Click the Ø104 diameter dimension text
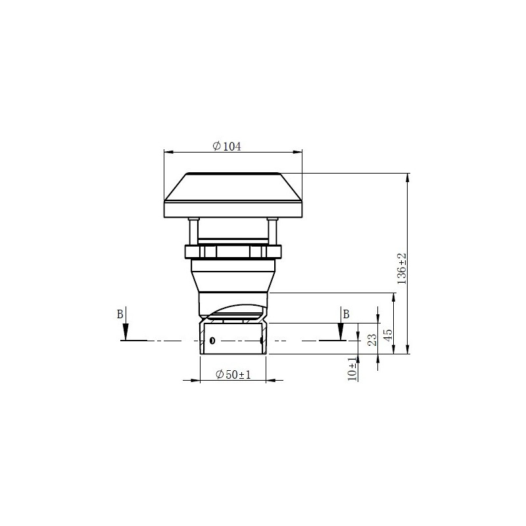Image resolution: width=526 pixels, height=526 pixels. tap(227, 147)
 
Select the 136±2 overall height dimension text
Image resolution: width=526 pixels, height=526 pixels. tap(402, 268)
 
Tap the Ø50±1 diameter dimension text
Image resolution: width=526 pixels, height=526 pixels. tap(233, 374)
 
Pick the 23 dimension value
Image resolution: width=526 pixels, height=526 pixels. tap(371, 340)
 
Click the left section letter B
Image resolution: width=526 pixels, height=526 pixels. tap(120, 314)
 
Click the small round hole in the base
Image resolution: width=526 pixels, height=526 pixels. tap(212, 341)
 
